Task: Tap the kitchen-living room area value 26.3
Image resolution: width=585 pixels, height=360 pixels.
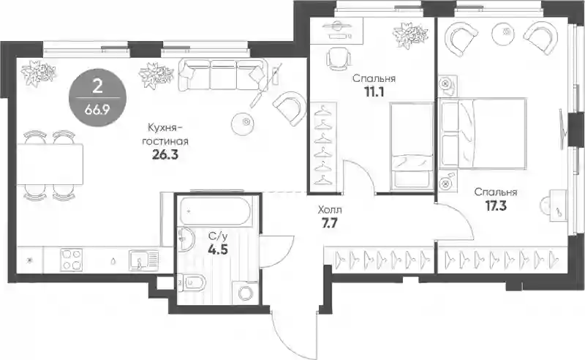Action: pos(165,154)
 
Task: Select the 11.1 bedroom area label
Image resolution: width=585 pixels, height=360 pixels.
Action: pos(374,92)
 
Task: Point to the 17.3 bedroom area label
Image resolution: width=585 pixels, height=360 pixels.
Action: pos(496,206)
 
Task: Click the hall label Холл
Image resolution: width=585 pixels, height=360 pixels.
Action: pos(329,210)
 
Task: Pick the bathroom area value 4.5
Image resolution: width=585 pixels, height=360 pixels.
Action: pos(218,249)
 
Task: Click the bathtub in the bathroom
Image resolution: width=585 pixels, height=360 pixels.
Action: pos(216,211)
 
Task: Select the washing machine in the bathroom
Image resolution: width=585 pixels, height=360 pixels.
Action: pos(245,292)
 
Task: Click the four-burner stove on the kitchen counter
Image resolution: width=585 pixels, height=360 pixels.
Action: pos(71,260)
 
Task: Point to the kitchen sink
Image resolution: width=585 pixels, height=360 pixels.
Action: pos(144,260)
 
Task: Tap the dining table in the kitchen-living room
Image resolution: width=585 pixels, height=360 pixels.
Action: pos(50,165)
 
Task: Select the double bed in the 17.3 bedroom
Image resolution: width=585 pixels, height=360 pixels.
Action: pos(483,132)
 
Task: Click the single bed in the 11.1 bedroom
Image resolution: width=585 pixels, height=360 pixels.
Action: pos(412,146)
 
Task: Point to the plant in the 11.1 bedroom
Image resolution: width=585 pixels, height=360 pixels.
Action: pos(409,35)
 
